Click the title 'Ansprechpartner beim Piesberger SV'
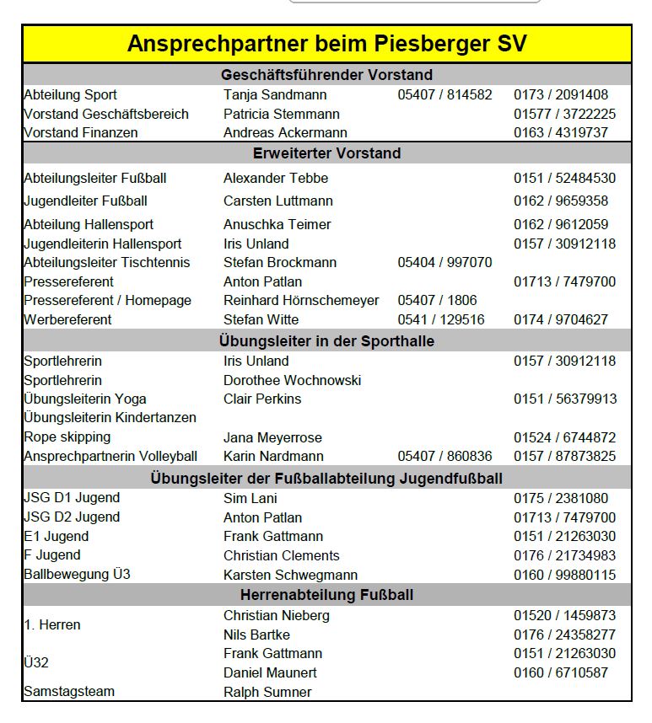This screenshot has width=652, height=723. tap(326, 44)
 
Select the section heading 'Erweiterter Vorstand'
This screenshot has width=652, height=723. tap(326, 153)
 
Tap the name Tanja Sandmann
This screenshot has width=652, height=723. tap(275, 95)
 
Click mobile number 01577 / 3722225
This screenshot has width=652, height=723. tap(564, 114)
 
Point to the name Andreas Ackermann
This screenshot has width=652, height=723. tap(285, 133)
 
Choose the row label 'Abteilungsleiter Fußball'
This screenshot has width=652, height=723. tap(95, 179)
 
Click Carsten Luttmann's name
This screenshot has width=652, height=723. tap(278, 201)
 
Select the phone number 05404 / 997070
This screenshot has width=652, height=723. tap(445, 263)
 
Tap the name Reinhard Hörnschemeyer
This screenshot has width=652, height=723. tap(301, 301)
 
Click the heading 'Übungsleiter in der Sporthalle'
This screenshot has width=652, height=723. tap(326, 341)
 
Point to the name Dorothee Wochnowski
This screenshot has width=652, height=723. tap(292, 381)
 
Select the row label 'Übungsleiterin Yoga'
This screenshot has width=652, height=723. tap(85, 399)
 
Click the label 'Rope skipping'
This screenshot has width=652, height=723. tap(67, 437)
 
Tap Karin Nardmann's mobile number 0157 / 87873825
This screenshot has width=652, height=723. tap(564, 457)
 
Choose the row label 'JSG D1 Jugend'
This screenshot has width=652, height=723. tap(72, 498)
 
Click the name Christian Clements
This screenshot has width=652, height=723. tap(282, 556)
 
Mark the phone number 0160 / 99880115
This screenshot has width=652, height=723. tap(564, 576)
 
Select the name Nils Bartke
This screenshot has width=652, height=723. tap(256, 635)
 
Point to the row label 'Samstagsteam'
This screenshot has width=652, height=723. tap(69, 692)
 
